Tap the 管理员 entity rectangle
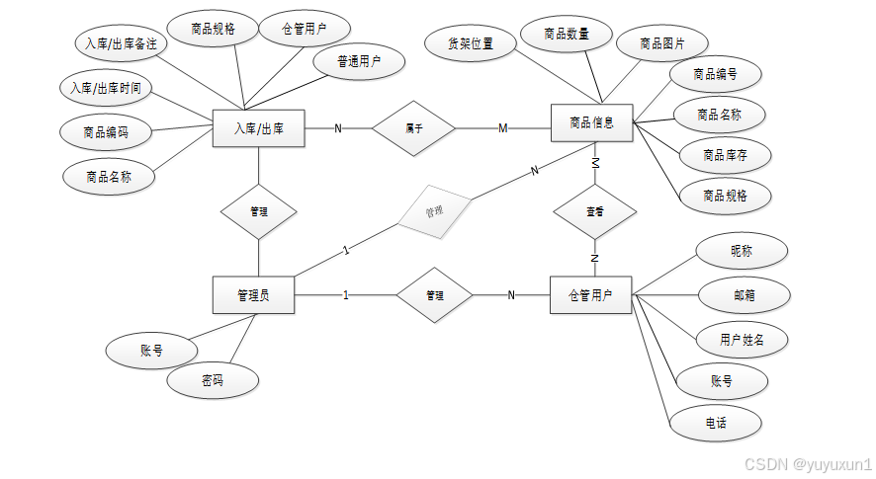(254, 294)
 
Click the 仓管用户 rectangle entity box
(590, 294)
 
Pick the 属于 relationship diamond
(413, 127)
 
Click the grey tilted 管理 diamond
(434, 209)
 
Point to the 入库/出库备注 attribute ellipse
(121, 44)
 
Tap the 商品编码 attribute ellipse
(107, 131)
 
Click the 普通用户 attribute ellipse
(358, 61)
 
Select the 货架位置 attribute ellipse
(471, 43)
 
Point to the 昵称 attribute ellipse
(742, 251)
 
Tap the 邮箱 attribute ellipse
(745, 294)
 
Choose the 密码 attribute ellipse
(213, 380)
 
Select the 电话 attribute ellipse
(716, 423)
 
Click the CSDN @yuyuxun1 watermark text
(808, 464)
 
